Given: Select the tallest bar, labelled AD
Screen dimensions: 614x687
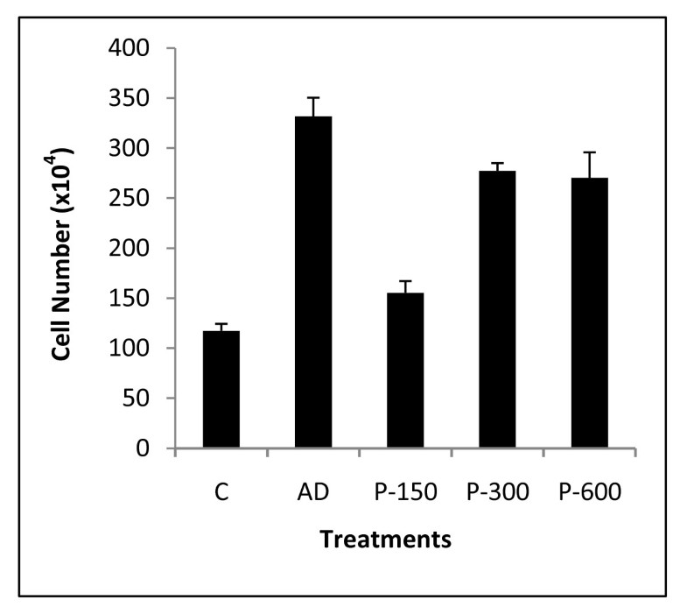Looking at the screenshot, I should point(313,282).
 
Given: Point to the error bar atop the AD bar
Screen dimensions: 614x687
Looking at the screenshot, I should point(313,106).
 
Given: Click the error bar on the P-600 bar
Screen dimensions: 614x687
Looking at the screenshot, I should point(589,165).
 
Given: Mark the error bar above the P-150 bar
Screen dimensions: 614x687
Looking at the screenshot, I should point(405,286).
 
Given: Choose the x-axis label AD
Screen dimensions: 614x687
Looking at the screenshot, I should point(313,492).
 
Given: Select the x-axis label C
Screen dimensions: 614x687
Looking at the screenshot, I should point(221,492).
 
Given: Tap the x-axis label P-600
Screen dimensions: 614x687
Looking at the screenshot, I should point(589,492).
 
